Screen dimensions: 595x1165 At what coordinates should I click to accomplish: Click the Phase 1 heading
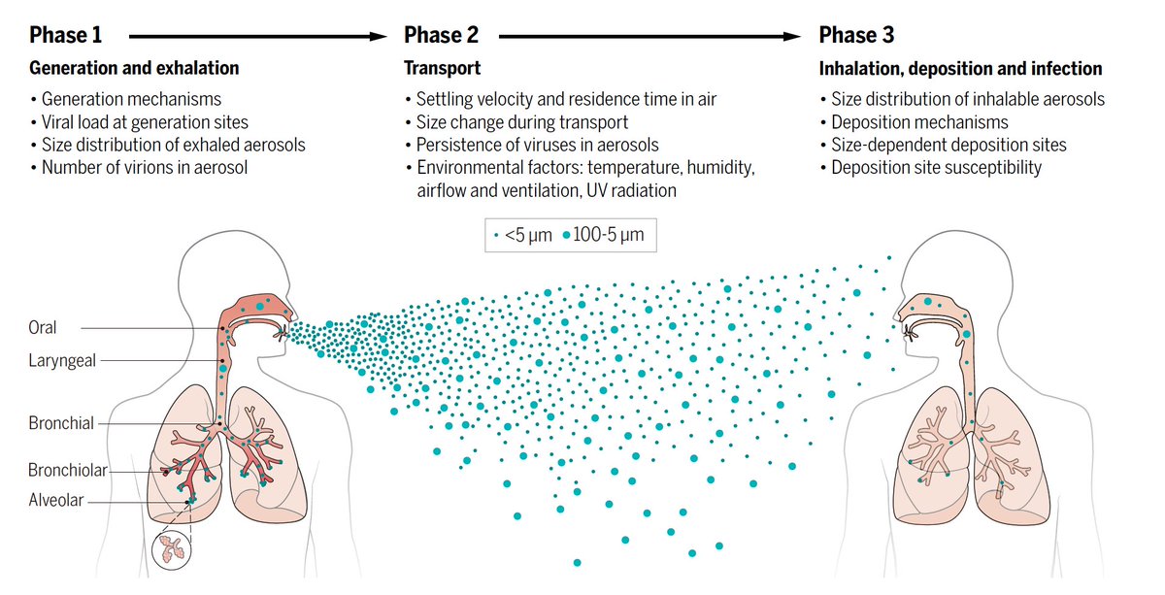pyautogui.click(x=65, y=36)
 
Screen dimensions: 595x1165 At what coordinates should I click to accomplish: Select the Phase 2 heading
pyautogui.click(x=442, y=36)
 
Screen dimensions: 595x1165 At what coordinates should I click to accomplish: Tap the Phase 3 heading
pyautogui.click(x=857, y=36)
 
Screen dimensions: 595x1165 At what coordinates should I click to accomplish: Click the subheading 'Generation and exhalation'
pyautogui.click(x=134, y=69)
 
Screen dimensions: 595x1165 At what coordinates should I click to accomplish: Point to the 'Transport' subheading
pyautogui.click(x=442, y=69)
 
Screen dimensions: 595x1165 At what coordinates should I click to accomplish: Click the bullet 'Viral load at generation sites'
pyautogui.click(x=145, y=122)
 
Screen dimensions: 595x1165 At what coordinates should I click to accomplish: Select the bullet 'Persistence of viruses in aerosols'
pyautogui.click(x=537, y=146)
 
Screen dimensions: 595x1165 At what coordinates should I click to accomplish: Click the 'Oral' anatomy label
pyautogui.click(x=43, y=328)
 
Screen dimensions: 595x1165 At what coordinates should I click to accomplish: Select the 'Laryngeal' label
pyautogui.click(x=62, y=361)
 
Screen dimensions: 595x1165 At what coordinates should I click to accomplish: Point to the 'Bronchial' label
pyautogui.click(x=61, y=423)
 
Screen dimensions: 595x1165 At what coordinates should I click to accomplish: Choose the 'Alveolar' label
pyautogui.click(x=56, y=501)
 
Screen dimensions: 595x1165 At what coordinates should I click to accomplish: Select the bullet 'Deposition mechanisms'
pyautogui.click(x=919, y=122)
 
